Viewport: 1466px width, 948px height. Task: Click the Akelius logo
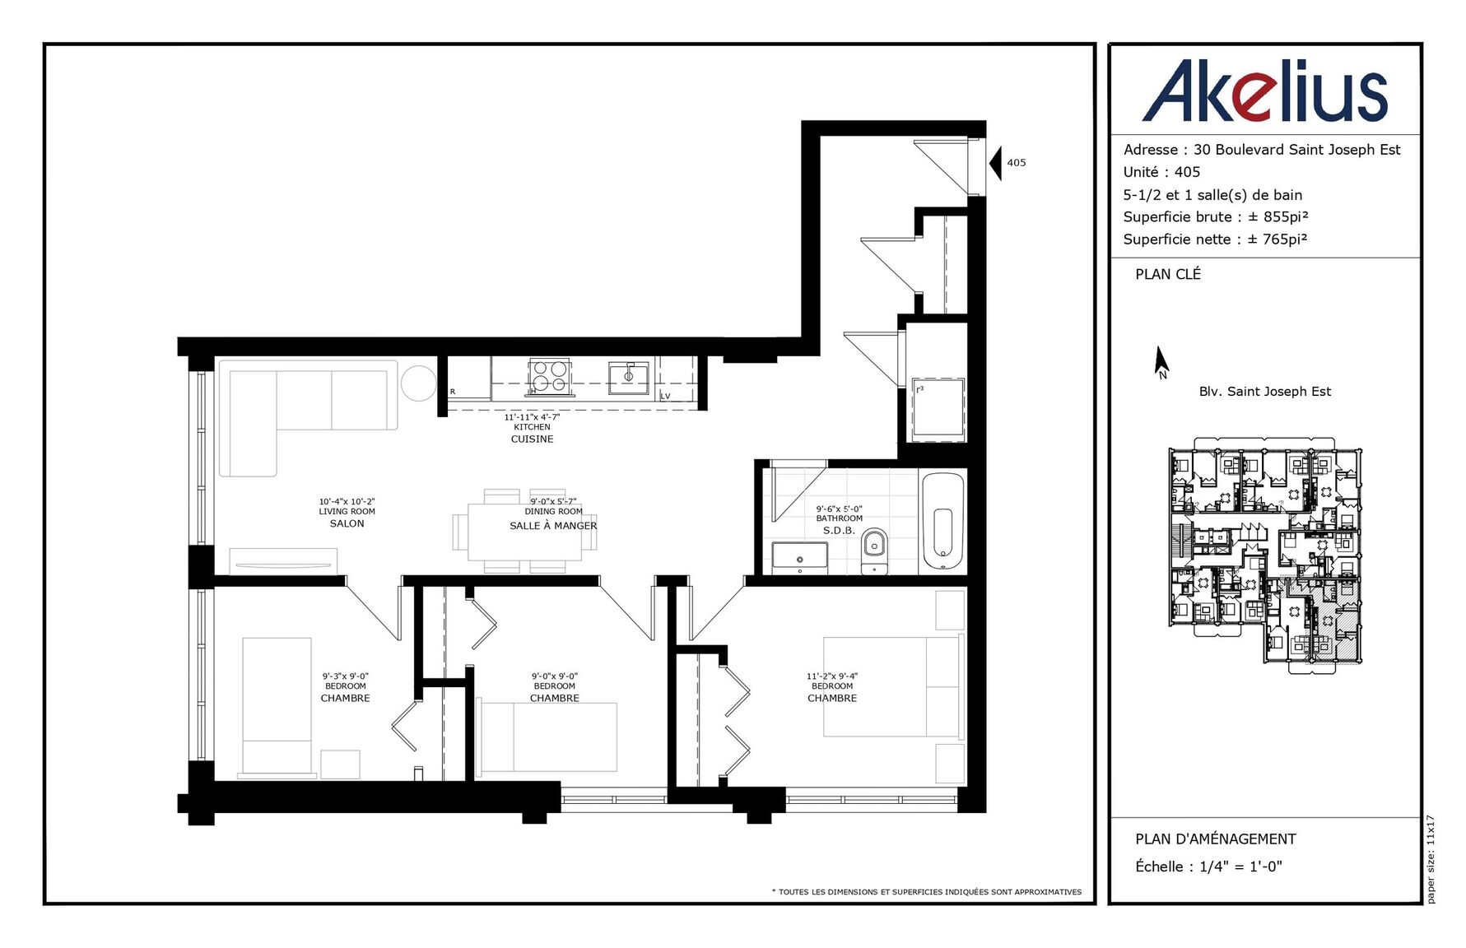1264,91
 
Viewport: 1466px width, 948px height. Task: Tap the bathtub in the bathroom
942,522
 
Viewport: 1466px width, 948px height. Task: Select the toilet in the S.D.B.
874,551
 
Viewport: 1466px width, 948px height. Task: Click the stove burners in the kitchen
548,377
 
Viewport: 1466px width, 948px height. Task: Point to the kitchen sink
628,377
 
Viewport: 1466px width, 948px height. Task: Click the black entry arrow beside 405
995,163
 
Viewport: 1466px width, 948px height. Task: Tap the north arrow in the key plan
1161,362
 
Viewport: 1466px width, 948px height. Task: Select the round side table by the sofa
418,383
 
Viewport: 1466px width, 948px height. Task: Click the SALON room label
347,523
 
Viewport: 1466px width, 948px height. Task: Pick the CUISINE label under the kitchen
532,439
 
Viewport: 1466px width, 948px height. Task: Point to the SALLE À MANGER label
553,526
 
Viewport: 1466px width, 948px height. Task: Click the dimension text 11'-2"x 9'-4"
832,676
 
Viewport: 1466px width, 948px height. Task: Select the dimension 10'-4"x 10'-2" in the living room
347,501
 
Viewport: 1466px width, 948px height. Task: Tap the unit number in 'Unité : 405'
1187,172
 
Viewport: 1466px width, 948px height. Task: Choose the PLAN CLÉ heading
1168,274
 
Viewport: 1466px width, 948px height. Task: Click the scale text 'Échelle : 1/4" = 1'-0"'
1208,867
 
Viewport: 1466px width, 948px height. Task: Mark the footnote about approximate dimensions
927,892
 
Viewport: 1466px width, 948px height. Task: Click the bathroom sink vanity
799,558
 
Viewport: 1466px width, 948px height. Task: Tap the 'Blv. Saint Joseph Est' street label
1264,392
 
